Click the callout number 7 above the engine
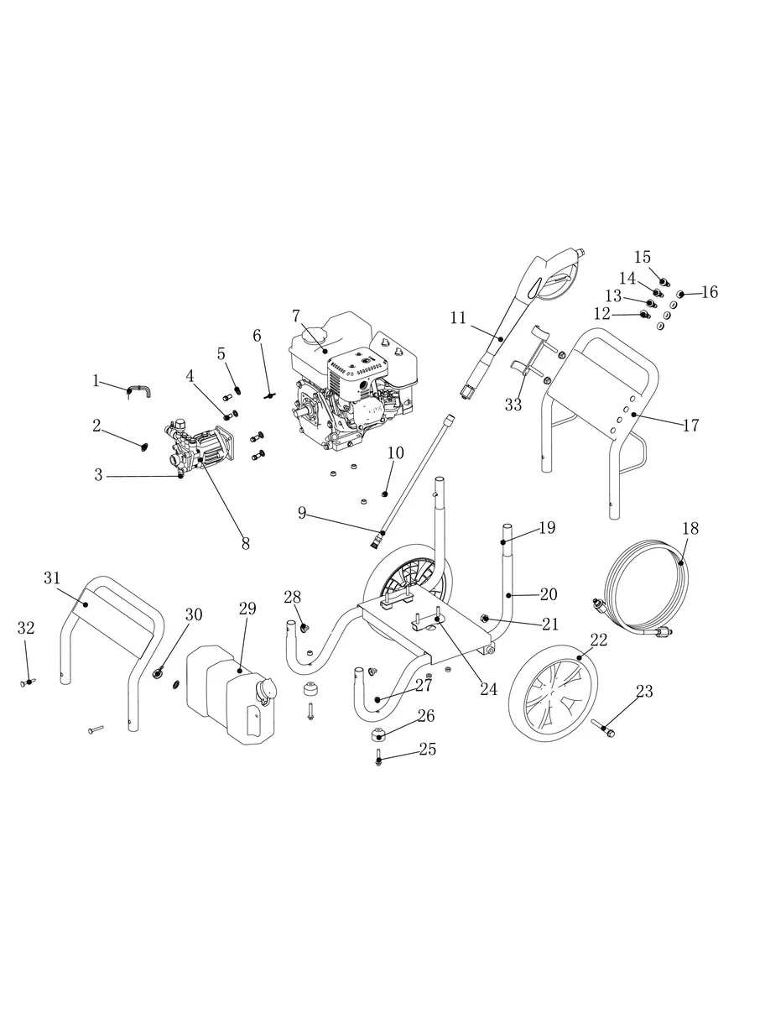tap(296, 316)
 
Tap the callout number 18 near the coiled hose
tap(690, 528)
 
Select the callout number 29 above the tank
tap(247, 609)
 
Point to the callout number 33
tap(513, 405)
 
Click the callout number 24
tap(489, 689)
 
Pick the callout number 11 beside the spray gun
tap(458, 318)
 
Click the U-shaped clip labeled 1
tap(140, 392)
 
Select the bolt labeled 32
tap(28, 682)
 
